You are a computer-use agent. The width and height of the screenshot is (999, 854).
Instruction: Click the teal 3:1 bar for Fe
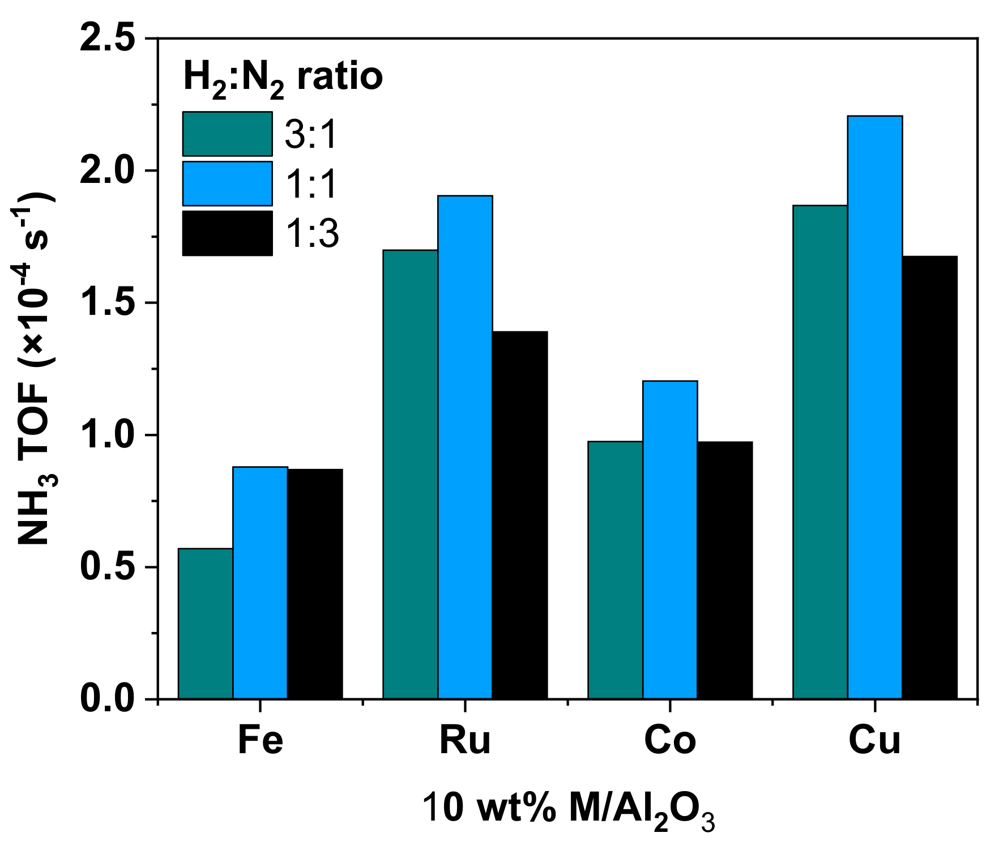point(206,624)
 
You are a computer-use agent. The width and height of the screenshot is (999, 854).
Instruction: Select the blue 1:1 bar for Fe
point(260,583)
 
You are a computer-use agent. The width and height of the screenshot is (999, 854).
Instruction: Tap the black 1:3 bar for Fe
point(315,584)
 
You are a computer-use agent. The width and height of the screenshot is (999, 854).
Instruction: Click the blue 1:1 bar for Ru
point(465,447)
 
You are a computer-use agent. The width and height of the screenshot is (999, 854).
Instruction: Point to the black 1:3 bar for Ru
point(520,515)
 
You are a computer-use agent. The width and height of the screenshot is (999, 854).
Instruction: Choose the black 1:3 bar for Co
point(725,570)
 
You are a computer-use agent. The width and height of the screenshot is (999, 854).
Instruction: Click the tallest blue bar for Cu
point(875,407)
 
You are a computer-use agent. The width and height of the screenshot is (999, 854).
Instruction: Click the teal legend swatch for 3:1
point(227,134)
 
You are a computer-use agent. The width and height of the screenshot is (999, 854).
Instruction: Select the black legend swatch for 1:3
point(227,233)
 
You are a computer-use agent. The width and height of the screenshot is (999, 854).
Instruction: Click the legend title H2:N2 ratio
point(283,78)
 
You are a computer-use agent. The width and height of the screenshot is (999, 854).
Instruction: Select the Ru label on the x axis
point(465,740)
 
